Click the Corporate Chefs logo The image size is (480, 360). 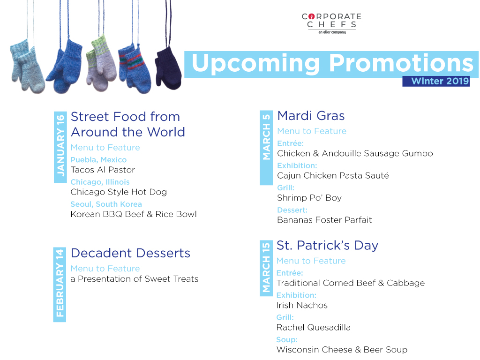(332, 23)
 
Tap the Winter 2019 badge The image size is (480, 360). (436, 81)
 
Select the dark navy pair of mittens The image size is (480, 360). (168, 68)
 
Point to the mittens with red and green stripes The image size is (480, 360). (135, 68)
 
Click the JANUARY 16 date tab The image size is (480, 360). (60, 147)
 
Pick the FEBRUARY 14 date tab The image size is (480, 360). (60, 285)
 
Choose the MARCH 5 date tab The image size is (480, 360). (266, 148)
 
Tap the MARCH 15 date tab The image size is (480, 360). (266, 268)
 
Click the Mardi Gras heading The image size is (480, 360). (311, 116)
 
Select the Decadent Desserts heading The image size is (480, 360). (130, 253)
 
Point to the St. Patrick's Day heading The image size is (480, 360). (327, 246)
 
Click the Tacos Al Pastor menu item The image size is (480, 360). (103, 170)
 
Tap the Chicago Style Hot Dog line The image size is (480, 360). (119, 192)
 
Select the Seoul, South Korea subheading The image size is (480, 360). (106, 204)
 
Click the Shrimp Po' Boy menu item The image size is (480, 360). (309, 198)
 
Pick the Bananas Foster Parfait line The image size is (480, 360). (324, 220)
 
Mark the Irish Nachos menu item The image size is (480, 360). (302, 305)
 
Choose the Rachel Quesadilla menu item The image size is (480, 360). (314, 328)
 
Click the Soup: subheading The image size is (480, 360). (287, 340)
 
